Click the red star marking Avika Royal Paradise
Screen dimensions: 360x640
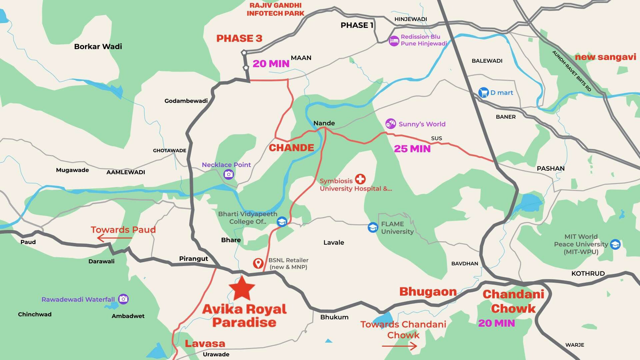pos(242,288)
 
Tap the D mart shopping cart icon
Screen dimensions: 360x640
pos(483,93)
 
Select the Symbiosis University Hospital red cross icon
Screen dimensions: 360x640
pos(360,179)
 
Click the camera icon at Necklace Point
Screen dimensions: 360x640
pos(229,174)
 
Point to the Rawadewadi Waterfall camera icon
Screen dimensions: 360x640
pos(123,299)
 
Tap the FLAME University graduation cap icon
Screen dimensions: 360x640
pos(373,227)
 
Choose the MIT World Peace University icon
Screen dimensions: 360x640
pos(615,244)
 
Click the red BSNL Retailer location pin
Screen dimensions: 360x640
pos(258,263)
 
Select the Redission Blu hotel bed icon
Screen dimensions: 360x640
pos(394,41)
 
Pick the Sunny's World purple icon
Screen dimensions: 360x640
pos(391,124)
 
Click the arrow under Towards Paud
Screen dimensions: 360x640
pos(114,238)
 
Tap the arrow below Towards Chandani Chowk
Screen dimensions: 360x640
pos(399,346)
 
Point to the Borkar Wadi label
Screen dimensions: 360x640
pos(98,46)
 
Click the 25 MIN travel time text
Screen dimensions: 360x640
pos(412,149)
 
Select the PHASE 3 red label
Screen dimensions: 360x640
pos(239,38)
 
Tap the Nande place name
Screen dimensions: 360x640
pos(324,123)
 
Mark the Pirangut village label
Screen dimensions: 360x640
pos(193,259)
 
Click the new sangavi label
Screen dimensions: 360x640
pos(605,57)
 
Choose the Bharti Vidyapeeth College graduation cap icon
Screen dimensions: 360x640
pos(282,222)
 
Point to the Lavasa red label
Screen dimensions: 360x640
pos(205,343)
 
